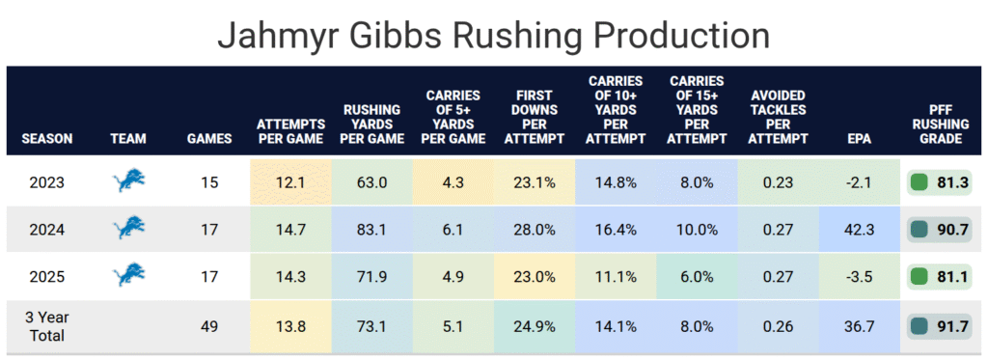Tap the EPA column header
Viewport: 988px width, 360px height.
click(860, 139)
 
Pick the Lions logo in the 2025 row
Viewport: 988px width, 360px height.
click(129, 275)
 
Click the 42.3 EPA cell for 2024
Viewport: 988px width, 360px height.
click(860, 229)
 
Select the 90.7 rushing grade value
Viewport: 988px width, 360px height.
click(950, 229)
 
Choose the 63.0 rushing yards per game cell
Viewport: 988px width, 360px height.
click(371, 182)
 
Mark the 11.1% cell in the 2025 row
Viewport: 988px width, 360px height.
click(616, 276)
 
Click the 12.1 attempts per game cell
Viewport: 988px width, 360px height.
click(291, 182)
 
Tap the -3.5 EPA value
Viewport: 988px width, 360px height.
click(860, 276)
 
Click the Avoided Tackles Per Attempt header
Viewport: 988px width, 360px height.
click(779, 117)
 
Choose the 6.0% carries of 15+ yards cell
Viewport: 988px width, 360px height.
click(697, 276)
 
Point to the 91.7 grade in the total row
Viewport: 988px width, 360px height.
click(950, 326)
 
